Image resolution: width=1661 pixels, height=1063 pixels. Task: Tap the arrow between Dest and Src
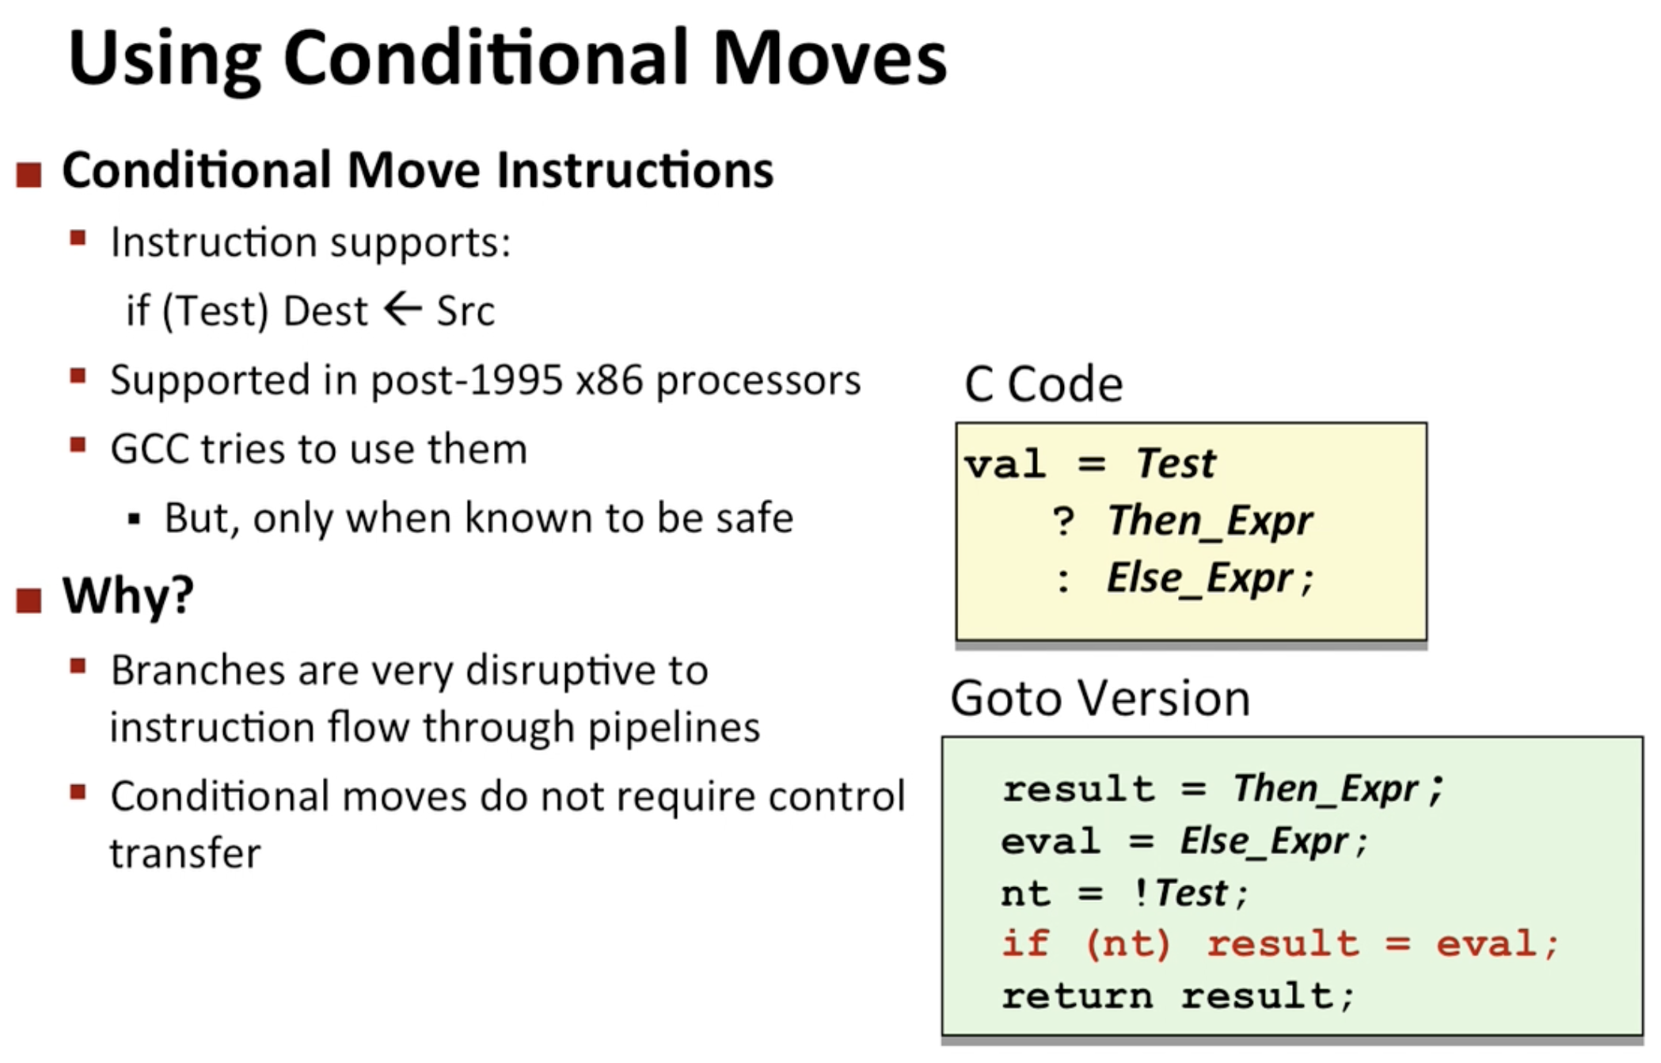(403, 309)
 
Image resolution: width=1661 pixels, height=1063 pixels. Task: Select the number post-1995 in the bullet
(467, 381)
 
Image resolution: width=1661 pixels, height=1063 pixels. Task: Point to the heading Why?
(128, 595)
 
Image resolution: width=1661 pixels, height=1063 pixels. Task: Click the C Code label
(1043, 384)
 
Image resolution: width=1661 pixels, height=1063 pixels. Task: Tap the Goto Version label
(1100, 698)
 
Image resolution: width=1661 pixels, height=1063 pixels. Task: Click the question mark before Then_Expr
(1063, 521)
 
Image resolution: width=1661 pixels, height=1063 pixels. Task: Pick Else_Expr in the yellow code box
(1199, 577)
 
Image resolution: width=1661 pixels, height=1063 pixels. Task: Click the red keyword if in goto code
(1025, 943)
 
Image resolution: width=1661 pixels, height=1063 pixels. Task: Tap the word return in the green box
(1078, 996)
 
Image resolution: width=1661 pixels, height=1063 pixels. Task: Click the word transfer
(185, 853)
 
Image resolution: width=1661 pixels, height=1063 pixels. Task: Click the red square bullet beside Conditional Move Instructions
(29, 174)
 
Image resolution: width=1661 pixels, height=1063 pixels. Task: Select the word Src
(466, 311)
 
